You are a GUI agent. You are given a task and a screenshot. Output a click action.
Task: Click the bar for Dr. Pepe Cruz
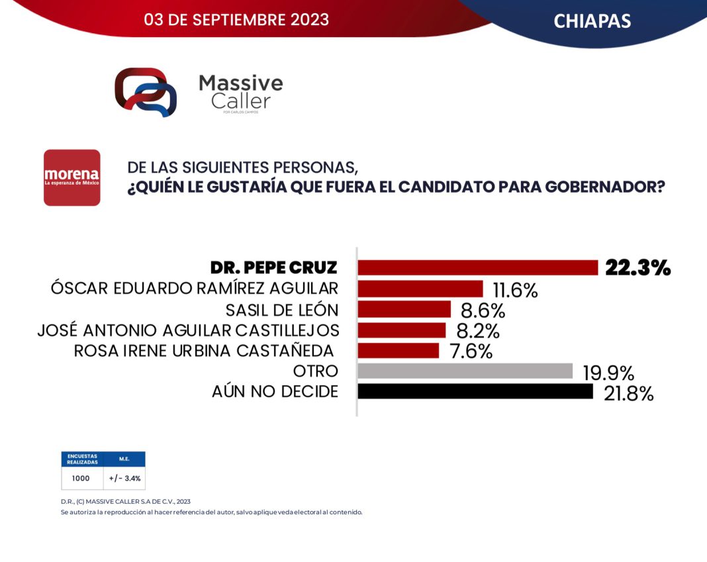pyautogui.click(x=477, y=267)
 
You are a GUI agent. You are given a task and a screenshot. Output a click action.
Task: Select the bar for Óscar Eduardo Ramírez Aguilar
pyautogui.click(x=420, y=289)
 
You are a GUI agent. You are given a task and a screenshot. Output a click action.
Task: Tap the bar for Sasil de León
pyautogui.click(x=404, y=309)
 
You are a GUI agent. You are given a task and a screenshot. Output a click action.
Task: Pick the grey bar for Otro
pyautogui.click(x=465, y=371)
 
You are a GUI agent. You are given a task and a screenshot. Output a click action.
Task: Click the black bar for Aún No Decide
pyautogui.click(x=475, y=391)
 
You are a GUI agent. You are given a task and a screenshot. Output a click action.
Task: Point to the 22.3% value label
pyautogui.click(x=637, y=267)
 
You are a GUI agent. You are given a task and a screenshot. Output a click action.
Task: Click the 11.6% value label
pyautogui.click(x=515, y=290)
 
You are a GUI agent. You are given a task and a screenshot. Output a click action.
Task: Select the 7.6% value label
pyautogui.click(x=471, y=351)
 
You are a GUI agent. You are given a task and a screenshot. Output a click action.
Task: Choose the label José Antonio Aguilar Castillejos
pyautogui.click(x=188, y=330)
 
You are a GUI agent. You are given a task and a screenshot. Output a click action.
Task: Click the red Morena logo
pyautogui.click(x=71, y=177)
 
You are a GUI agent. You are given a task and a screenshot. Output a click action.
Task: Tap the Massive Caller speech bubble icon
pyautogui.click(x=146, y=91)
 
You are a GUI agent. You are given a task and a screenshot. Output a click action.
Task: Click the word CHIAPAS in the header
pyautogui.click(x=592, y=21)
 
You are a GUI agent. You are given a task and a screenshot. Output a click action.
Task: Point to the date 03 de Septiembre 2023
pyautogui.click(x=236, y=20)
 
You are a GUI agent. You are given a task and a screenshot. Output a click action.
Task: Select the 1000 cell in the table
pyautogui.click(x=81, y=477)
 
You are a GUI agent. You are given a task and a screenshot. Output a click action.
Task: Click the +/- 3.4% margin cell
pyautogui.click(x=124, y=477)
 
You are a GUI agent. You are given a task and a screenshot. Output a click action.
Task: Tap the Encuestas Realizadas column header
pyautogui.click(x=82, y=459)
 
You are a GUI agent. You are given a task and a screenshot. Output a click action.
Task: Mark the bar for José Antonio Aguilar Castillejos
pyautogui.click(x=401, y=330)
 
